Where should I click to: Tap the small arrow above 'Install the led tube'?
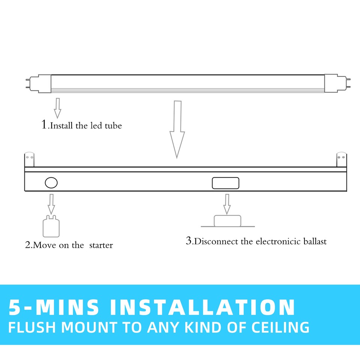[57, 108]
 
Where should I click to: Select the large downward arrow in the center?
[177, 129]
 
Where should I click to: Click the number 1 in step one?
[44, 124]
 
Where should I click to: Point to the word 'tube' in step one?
[113, 126]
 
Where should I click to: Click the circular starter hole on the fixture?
[51, 183]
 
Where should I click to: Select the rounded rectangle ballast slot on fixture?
[225, 183]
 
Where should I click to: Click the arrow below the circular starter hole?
[51, 204]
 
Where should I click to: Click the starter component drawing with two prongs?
[51, 226]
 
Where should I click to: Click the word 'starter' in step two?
[101, 245]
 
